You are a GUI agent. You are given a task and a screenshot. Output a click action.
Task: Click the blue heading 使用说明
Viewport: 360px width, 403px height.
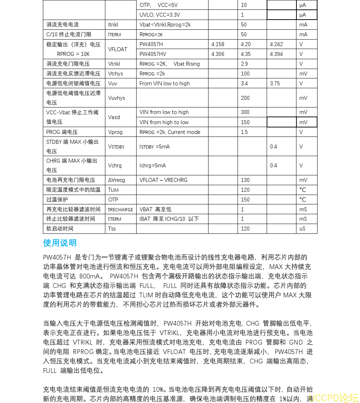pos(60,243)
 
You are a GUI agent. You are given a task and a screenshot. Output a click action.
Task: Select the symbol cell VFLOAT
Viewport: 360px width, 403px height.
pos(118,49)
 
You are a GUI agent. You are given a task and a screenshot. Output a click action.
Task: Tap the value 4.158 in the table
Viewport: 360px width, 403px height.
pos(218,44)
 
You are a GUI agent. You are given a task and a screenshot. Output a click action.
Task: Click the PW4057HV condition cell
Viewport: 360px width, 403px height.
pos(153,54)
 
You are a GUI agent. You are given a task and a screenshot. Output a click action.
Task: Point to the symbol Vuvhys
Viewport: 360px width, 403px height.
pos(117,98)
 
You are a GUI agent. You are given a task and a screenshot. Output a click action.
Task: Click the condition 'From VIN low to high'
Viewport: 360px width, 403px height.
pos(165,84)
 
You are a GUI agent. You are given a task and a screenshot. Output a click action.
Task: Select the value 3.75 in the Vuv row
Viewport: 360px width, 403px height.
pos(275,84)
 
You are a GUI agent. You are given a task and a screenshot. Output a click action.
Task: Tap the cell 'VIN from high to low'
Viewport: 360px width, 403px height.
pos(164,122)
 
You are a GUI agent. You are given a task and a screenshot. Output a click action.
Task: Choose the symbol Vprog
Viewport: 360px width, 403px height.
pos(116,132)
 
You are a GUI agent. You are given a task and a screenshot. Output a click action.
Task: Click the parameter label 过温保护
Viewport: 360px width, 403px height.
pos(57,199)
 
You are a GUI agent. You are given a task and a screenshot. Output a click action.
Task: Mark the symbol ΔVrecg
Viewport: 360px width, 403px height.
pos(117,180)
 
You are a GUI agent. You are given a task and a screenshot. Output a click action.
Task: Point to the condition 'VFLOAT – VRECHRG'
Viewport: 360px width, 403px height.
pos(163,180)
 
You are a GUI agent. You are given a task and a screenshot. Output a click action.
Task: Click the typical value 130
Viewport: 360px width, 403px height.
pos(245,180)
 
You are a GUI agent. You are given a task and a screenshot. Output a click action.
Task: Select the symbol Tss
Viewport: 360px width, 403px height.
pos(112,229)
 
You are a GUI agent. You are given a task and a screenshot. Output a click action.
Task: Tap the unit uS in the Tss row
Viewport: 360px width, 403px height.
pos(303,229)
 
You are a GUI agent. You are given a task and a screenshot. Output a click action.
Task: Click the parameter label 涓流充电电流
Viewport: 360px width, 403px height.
pos(62,25)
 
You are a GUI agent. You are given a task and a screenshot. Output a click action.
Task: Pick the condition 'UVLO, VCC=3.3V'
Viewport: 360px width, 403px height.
pos(160,15)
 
